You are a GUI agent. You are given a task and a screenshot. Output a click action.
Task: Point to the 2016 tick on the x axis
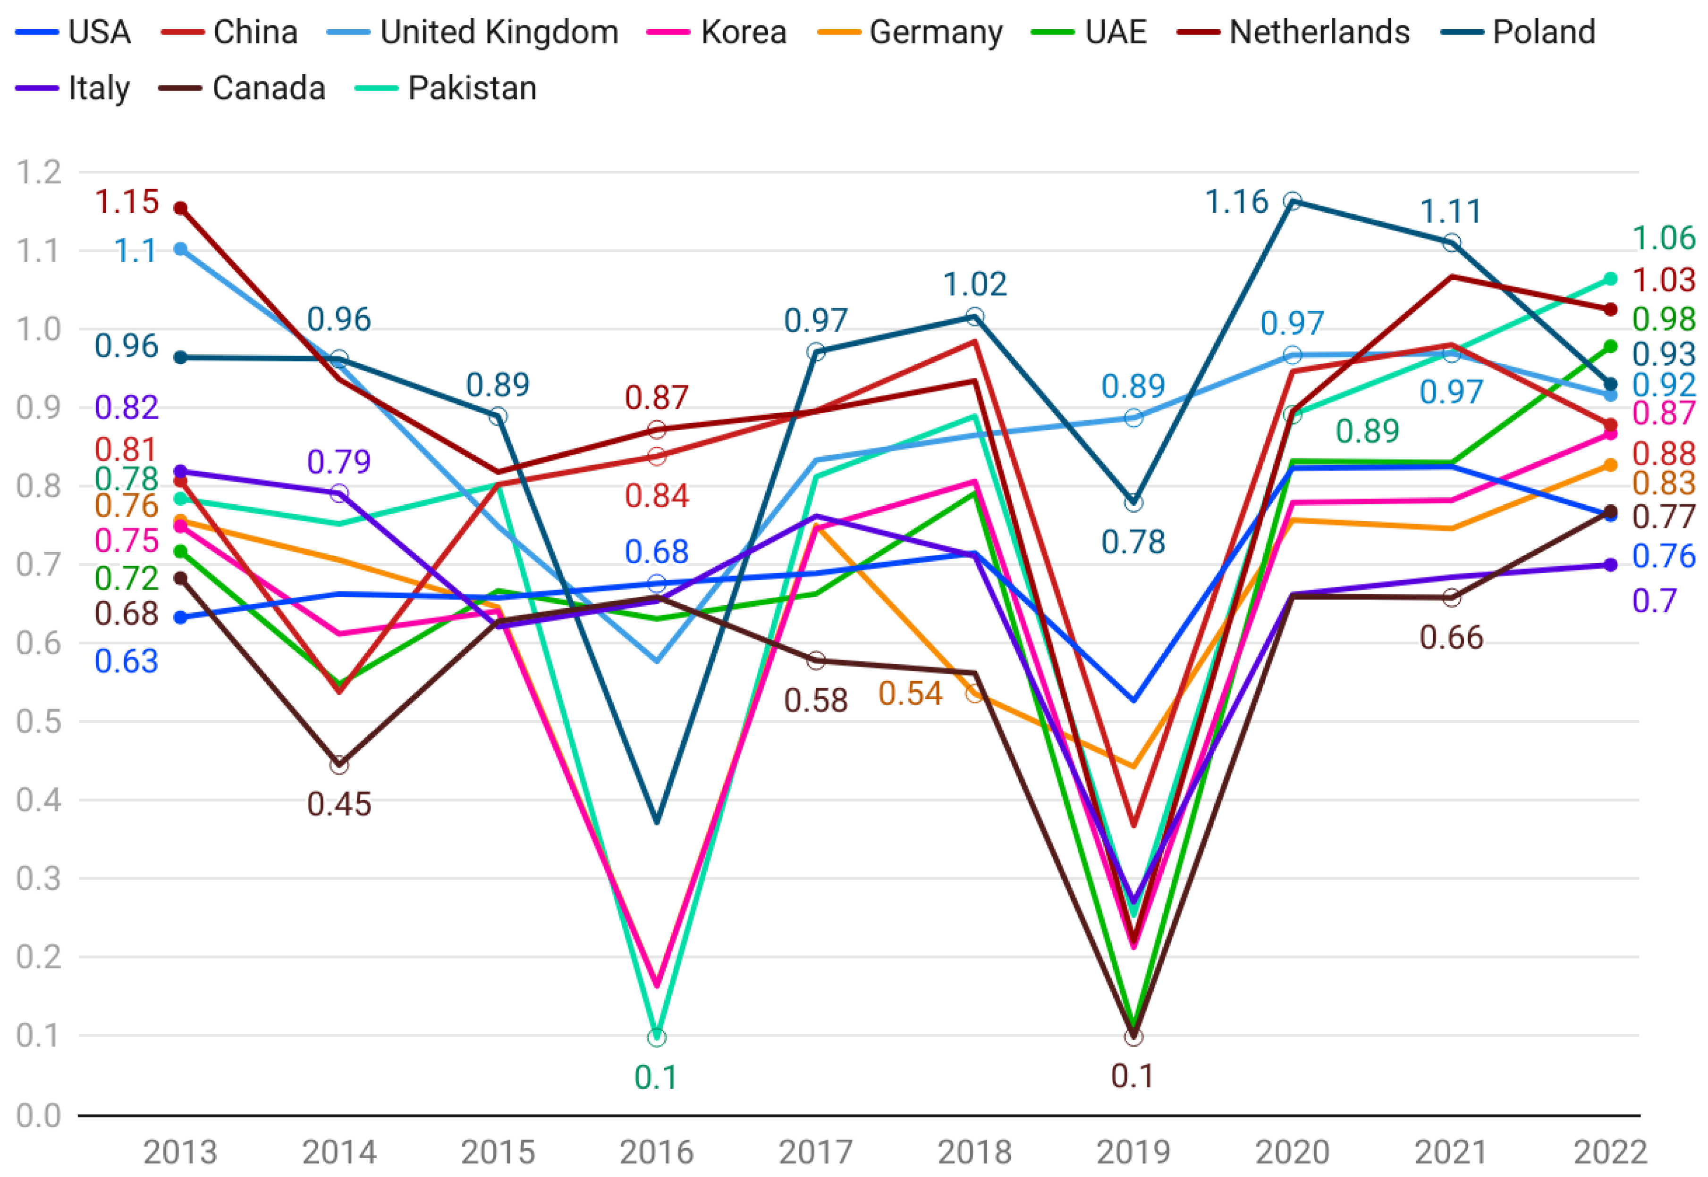tap(656, 1151)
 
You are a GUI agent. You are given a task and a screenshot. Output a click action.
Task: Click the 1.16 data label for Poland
tap(1236, 202)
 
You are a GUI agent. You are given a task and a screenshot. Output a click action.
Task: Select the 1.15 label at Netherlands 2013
tap(127, 202)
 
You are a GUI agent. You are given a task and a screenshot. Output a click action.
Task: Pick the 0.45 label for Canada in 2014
tap(338, 804)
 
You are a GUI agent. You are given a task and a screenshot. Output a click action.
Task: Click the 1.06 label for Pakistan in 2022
tap(1664, 238)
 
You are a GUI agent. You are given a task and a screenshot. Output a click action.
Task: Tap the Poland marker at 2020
tap(1292, 200)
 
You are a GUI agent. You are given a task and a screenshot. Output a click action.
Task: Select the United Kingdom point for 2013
tap(180, 249)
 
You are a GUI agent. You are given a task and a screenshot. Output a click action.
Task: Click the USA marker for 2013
tap(180, 617)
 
